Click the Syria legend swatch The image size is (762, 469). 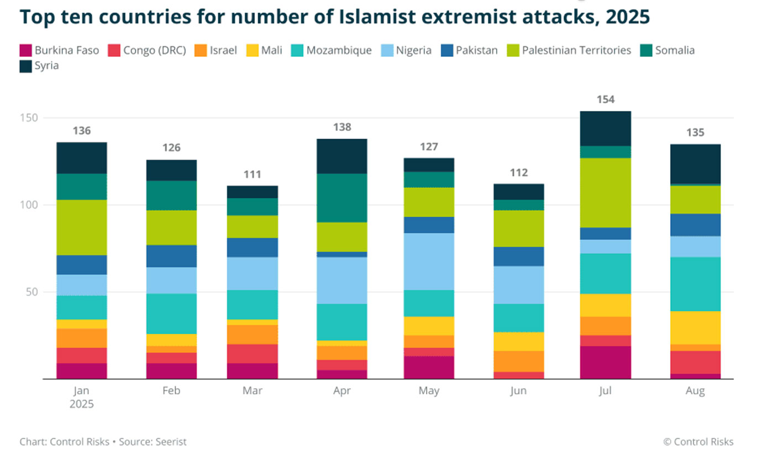26,66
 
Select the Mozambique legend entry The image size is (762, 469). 339,51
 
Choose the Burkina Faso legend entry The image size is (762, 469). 66,51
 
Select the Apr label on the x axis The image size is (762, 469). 342,391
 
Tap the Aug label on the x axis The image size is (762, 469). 695,391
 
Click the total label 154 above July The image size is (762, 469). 606,100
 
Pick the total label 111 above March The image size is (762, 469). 253,175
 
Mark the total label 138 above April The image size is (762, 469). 342,128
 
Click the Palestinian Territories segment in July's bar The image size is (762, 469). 606,193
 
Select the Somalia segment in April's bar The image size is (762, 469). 342,198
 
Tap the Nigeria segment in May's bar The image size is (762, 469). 429,261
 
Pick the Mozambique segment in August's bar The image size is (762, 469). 695,284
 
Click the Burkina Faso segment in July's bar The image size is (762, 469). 606,362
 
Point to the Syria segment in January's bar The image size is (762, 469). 82,158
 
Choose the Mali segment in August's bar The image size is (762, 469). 695,328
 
